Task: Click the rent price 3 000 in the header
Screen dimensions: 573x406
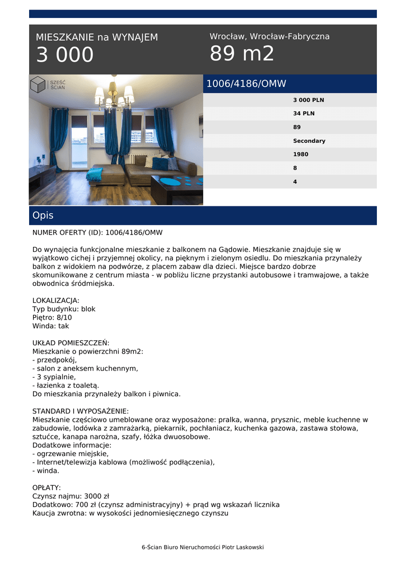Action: pyautogui.click(x=65, y=55)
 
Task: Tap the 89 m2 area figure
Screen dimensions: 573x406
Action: pyautogui.click(x=242, y=54)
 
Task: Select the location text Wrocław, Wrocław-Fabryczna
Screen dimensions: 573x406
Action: pyautogui.click(x=269, y=36)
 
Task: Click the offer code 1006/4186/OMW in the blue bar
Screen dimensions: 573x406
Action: pyautogui.click(x=246, y=84)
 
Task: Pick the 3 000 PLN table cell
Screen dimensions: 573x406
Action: pyautogui.click(x=309, y=100)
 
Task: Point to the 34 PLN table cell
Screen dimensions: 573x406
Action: pyautogui.click(x=304, y=114)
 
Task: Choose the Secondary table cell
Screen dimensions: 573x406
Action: pyautogui.click(x=309, y=141)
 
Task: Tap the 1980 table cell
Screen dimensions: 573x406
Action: pyautogui.click(x=301, y=154)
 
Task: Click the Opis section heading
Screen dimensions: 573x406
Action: pyautogui.click(x=43, y=215)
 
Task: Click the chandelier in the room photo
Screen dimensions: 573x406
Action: pyautogui.click(x=114, y=96)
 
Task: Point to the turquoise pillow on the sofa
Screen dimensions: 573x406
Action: pyautogui.click(x=160, y=163)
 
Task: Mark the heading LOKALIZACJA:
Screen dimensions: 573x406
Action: pyautogui.click(x=56, y=300)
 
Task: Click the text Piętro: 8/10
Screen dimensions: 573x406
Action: pyautogui.click(x=52, y=317)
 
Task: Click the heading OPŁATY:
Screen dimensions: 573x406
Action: pyautogui.click(x=47, y=488)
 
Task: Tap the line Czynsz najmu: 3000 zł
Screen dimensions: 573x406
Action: pyautogui.click(x=71, y=496)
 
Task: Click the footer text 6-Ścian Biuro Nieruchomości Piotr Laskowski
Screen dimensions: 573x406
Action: pyautogui.click(x=203, y=547)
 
